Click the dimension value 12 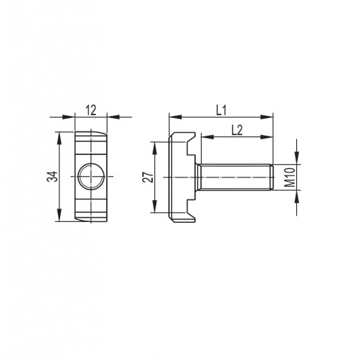(x=91, y=110)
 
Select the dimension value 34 (x=52, y=176)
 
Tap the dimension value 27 (x=148, y=177)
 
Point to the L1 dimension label (x=221, y=110)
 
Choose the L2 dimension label (x=237, y=130)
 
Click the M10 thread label (x=290, y=177)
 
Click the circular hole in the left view (x=91, y=176)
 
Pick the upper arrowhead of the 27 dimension (x=155, y=148)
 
